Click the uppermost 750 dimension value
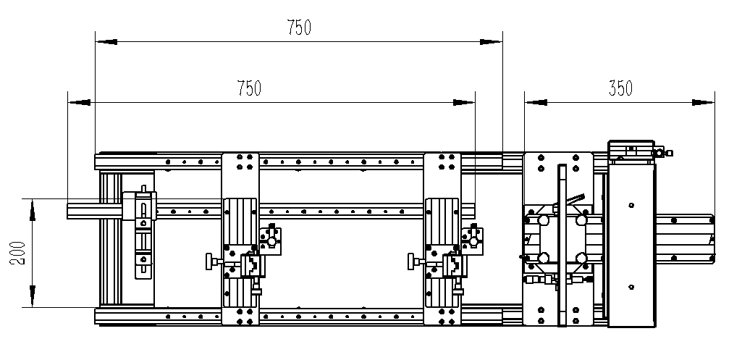[x=299, y=28]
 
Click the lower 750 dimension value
[x=249, y=88]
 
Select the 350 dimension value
[x=620, y=88]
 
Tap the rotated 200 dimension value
[x=18, y=253]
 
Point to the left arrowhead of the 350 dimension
[x=536, y=102]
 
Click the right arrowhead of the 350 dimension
[x=703, y=102]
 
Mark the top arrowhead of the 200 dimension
[x=32, y=210]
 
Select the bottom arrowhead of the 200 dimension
[x=32, y=296]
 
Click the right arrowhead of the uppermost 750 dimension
[x=492, y=42]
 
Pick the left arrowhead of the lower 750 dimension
[x=80, y=102]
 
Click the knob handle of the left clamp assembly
[x=209, y=261]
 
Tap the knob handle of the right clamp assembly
[x=411, y=261]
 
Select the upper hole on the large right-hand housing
[x=631, y=205]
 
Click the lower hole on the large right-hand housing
[x=631, y=287]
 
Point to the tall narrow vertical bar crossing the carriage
[x=562, y=246]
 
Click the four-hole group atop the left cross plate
[x=245, y=162]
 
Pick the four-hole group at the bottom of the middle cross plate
[x=447, y=317]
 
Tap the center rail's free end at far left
[x=83, y=211]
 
